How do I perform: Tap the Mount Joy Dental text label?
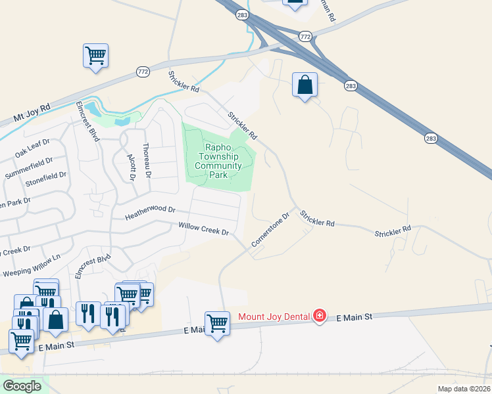(274, 317)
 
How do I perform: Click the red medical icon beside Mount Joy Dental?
(320, 317)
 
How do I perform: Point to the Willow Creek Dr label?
(203, 229)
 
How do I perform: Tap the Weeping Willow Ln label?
(32, 265)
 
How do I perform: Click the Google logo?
(22, 386)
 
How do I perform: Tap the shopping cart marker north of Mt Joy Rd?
(95, 55)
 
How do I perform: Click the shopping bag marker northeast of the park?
(305, 85)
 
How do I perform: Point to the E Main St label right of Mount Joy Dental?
(355, 317)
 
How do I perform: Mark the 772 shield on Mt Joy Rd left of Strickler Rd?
(143, 71)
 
